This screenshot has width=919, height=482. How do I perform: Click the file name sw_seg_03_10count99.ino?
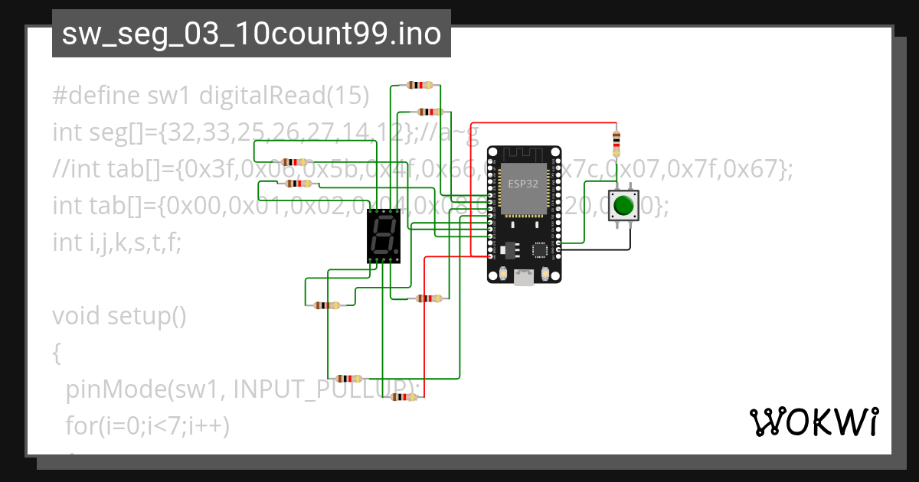(x=251, y=34)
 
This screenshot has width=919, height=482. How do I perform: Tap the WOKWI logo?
(x=813, y=422)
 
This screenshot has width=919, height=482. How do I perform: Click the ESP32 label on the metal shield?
(x=523, y=184)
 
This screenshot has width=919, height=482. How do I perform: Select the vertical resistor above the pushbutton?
(x=617, y=142)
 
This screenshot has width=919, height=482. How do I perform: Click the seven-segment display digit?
(x=383, y=236)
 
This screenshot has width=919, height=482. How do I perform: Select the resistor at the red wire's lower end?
(x=404, y=397)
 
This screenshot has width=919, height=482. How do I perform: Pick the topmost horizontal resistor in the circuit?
(x=420, y=85)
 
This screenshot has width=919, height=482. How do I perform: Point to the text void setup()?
(x=119, y=315)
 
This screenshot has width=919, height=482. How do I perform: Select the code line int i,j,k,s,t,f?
(x=117, y=243)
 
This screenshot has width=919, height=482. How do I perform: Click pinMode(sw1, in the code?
(x=146, y=389)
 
